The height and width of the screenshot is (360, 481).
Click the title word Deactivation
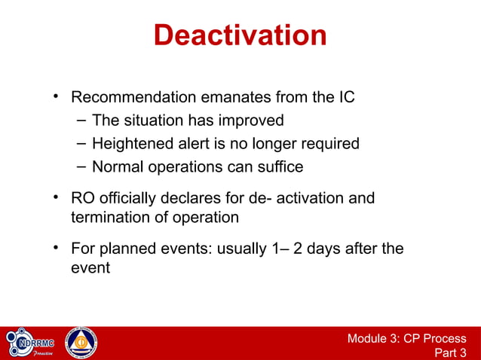240,35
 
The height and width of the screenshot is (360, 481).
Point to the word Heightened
132,143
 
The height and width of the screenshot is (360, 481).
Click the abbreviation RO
83,198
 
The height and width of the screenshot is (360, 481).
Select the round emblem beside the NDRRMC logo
81,343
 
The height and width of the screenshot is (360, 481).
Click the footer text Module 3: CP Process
406,339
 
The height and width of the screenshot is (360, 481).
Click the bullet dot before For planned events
56,247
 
